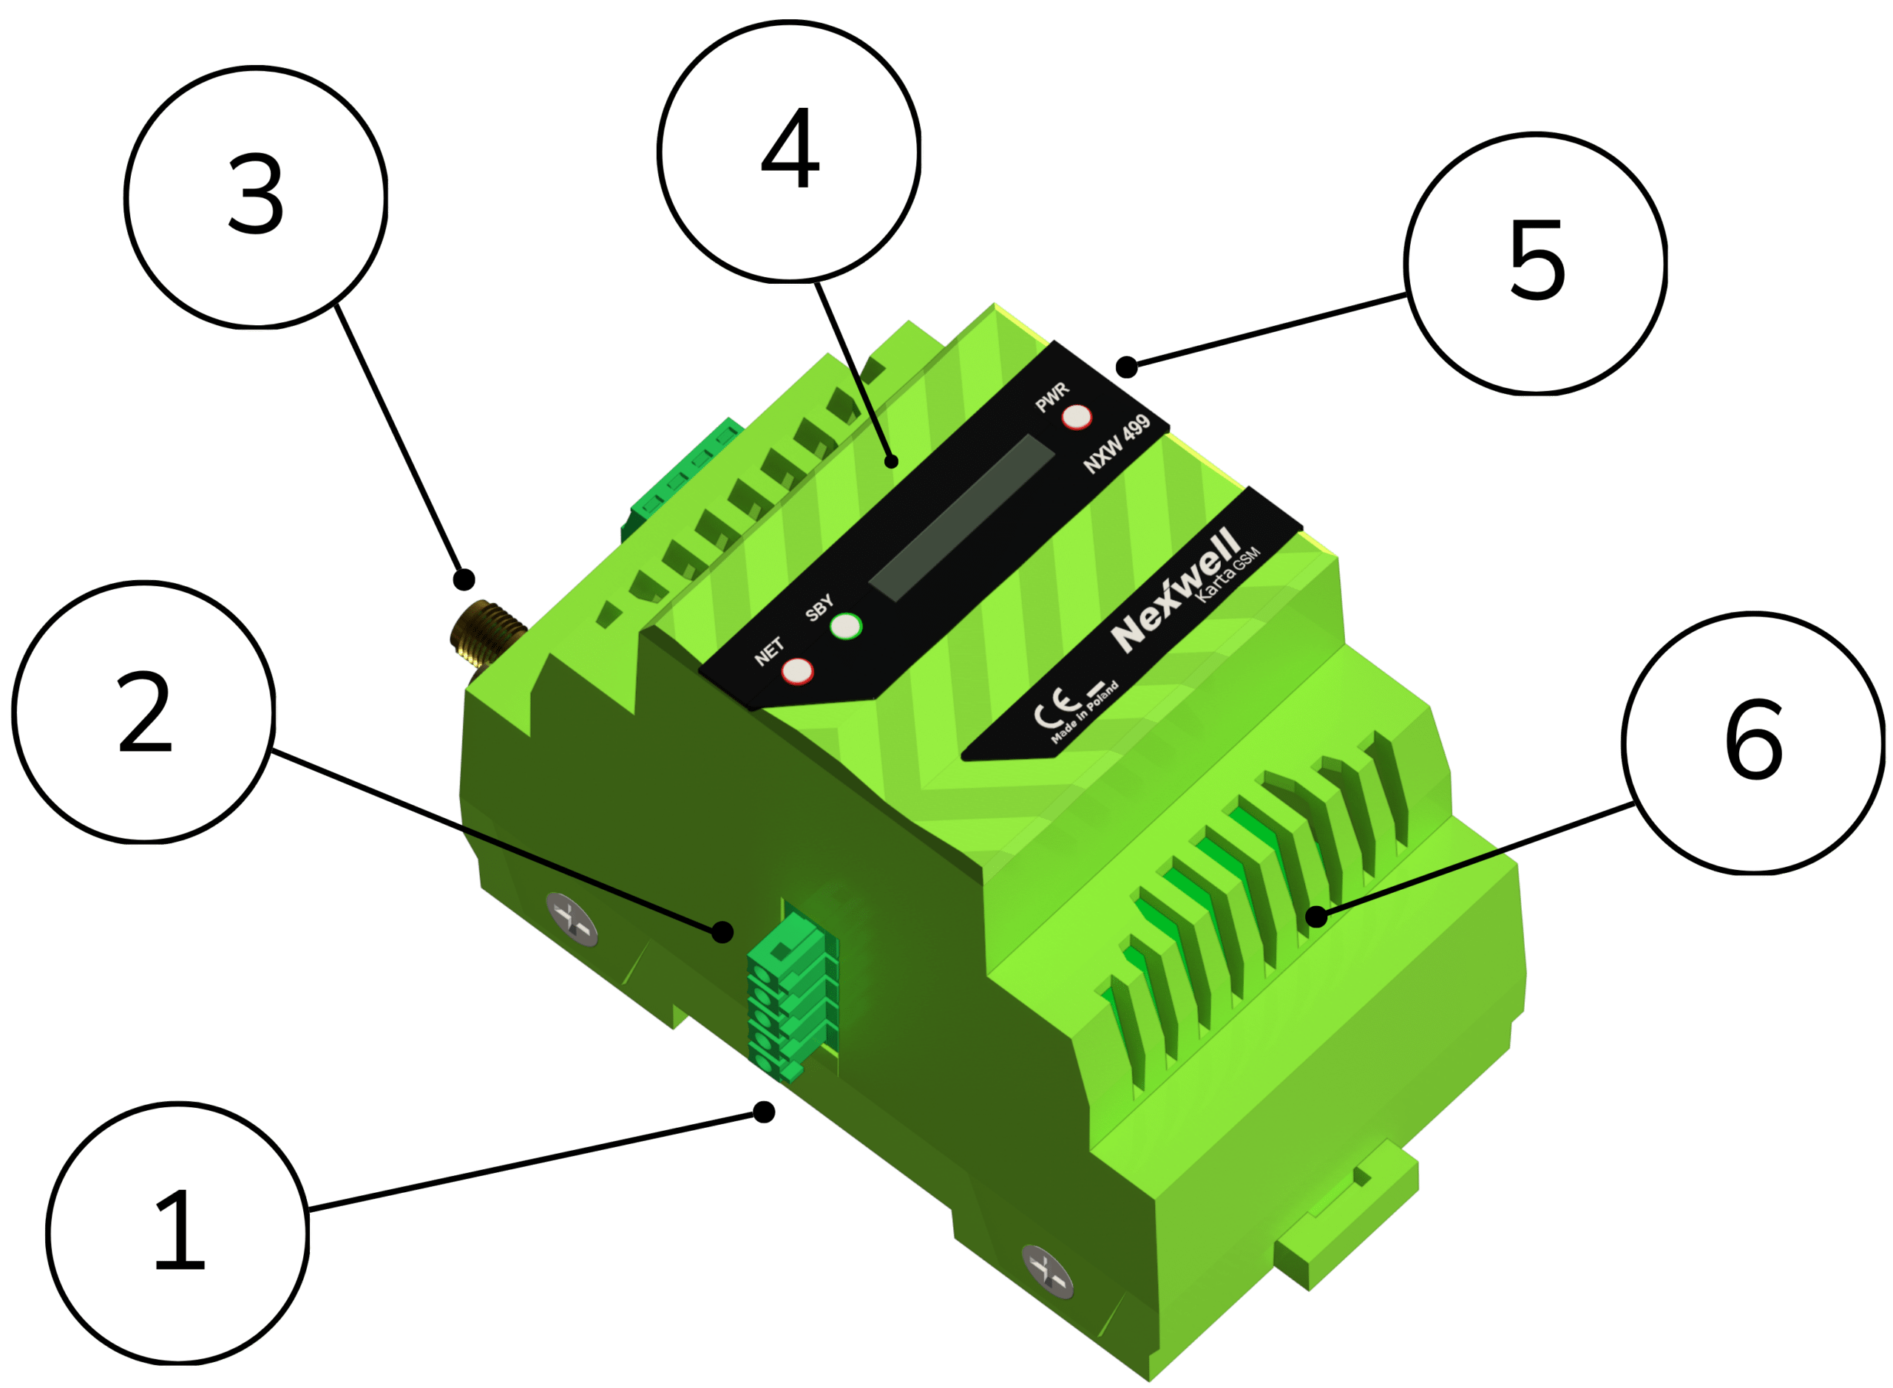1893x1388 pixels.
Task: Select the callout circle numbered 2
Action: (143, 712)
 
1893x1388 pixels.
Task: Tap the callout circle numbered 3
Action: (256, 197)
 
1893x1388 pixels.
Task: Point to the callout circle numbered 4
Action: (788, 152)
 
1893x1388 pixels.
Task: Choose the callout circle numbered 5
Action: (1535, 263)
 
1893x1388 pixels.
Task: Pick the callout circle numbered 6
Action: (1753, 743)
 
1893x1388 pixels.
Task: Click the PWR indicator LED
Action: (1076, 417)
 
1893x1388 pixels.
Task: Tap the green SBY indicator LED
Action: (846, 626)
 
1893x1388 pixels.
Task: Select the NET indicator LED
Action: (797, 671)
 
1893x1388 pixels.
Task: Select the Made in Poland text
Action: (1084, 712)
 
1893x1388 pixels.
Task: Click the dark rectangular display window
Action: (961, 517)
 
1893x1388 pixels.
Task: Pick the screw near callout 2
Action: (572, 919)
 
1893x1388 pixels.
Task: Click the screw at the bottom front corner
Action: (1046, 1271)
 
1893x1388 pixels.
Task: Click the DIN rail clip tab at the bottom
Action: (1346, 1214)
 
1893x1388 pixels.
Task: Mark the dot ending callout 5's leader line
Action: (1126, 367)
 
